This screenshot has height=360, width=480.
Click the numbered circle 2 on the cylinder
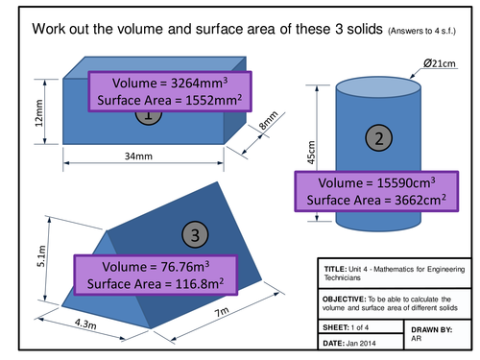[x=381, y=140]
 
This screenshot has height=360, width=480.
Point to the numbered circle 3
[x=195, y=234]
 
